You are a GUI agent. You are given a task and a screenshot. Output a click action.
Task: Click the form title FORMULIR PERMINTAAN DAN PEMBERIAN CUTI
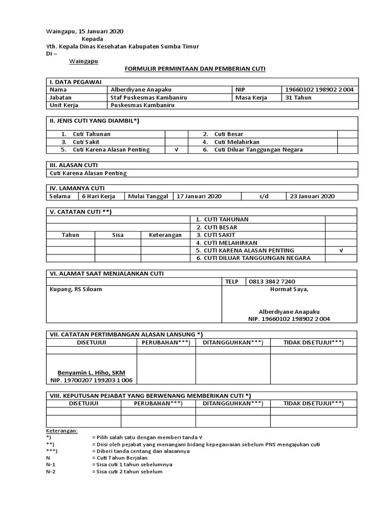click(x=195, y=68)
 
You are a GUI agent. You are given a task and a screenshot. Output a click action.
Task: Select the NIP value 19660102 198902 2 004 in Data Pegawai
click(x=319, y=89)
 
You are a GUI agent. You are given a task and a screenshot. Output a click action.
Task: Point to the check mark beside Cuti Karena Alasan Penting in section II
click(x=176, y=150)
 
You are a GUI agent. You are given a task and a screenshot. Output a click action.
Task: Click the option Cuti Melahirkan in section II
click(x=236, y=142)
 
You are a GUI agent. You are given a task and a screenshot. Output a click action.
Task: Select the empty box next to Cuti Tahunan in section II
click(x=176, y=134)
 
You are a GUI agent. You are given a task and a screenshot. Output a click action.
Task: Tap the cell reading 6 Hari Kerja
click(x=99, y=196)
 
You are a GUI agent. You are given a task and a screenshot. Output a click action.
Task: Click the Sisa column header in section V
click(x=118, y=235)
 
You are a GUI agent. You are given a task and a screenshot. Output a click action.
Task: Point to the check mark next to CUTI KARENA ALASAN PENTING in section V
click(x=341, y=250)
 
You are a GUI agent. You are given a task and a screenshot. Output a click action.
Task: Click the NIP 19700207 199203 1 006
click(x=91, y=380)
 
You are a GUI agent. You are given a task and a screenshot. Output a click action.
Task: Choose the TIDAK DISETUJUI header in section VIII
click(x=313, y=403)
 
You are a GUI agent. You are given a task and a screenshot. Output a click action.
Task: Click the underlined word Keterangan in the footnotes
click(x=62, y=430)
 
